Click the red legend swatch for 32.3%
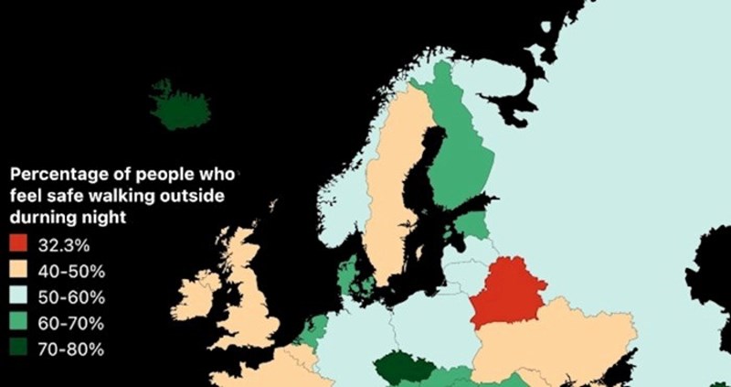tap(19, 245)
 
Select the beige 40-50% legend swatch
tap(19, 272)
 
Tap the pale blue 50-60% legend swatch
tap(19, 297)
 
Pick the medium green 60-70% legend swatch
tap(19, 323)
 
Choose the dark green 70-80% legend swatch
tap(19, 349)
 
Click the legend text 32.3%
tap(64, 245)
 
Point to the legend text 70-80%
tap(71, 349)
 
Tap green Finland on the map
tap(461, 156)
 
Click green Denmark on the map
tap(348, 274)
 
